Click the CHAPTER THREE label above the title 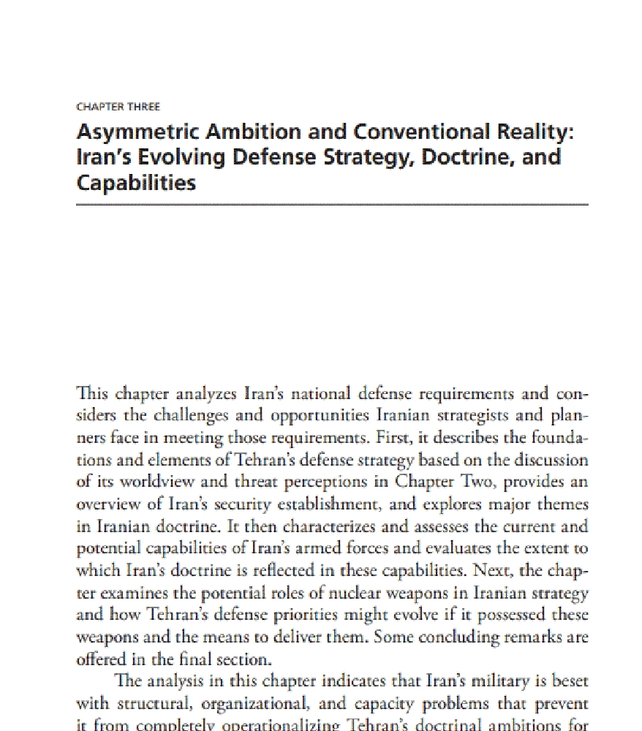tap(118, 107)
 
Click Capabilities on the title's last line tap(136, 182)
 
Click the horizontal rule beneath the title tap(332, 205)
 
